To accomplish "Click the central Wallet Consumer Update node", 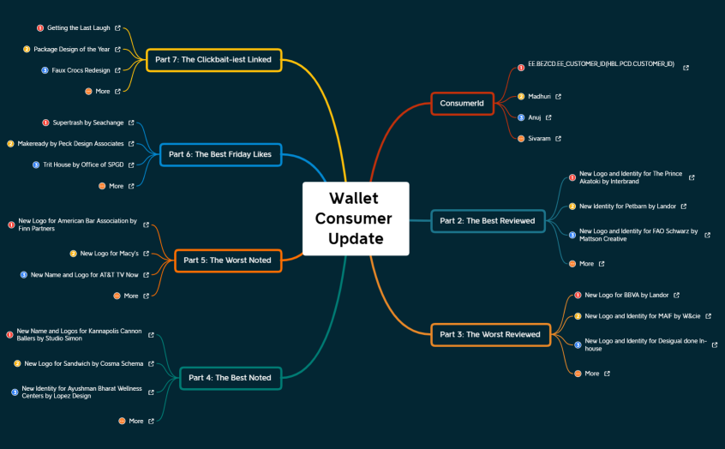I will (356, 219).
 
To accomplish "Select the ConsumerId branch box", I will (462, 104).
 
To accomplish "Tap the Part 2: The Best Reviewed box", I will (487, 220).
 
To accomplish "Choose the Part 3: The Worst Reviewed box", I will (489, 334).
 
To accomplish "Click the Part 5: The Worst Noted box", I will (227, 260).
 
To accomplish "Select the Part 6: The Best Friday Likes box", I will (220, 154).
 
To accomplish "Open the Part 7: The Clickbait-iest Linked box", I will (213, 60).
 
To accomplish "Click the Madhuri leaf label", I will (540, 97).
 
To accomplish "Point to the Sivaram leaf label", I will (540, 138).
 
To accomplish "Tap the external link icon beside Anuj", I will (548, 117).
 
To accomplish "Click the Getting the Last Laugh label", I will (73, 28).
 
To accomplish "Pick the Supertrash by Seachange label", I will (88, 123).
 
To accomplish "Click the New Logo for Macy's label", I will (110, 254).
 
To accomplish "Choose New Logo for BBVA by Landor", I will (626, 296).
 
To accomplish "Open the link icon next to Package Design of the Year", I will (117, 50).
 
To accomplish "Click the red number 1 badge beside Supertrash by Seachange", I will (45, 123).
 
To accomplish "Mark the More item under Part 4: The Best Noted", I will (136, 421).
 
